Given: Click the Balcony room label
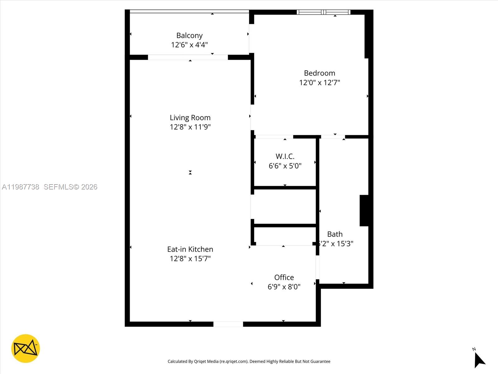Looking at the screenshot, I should pos(189,36).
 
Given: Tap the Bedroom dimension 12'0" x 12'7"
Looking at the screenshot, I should pos(319,83).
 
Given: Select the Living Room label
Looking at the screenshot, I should pos(190,118).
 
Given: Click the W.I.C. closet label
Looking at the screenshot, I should pos(285,156).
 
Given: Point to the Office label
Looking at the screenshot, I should pos(284,277).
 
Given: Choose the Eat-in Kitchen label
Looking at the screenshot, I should pos(190,249).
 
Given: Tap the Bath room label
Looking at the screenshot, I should pos(335,234).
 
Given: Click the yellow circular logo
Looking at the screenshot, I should pos(26,348).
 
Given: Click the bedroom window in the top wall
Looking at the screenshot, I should pos(324,12).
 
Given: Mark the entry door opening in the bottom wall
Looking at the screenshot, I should pos(228,324).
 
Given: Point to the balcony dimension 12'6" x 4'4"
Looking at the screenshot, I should pos(189,45).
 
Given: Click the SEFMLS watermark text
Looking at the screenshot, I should pos(70,187).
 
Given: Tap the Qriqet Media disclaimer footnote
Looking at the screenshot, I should pos(249,362).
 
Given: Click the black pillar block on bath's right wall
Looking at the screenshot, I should pos(364,210).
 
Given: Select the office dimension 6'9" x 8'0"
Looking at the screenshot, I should pos(284,287).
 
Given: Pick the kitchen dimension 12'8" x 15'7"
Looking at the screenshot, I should pos(190,259).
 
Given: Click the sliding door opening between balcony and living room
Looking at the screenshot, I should pos(188,57).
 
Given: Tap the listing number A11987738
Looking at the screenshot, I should pos(21,187).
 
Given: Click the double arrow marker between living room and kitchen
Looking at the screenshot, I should pos(190,172).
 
